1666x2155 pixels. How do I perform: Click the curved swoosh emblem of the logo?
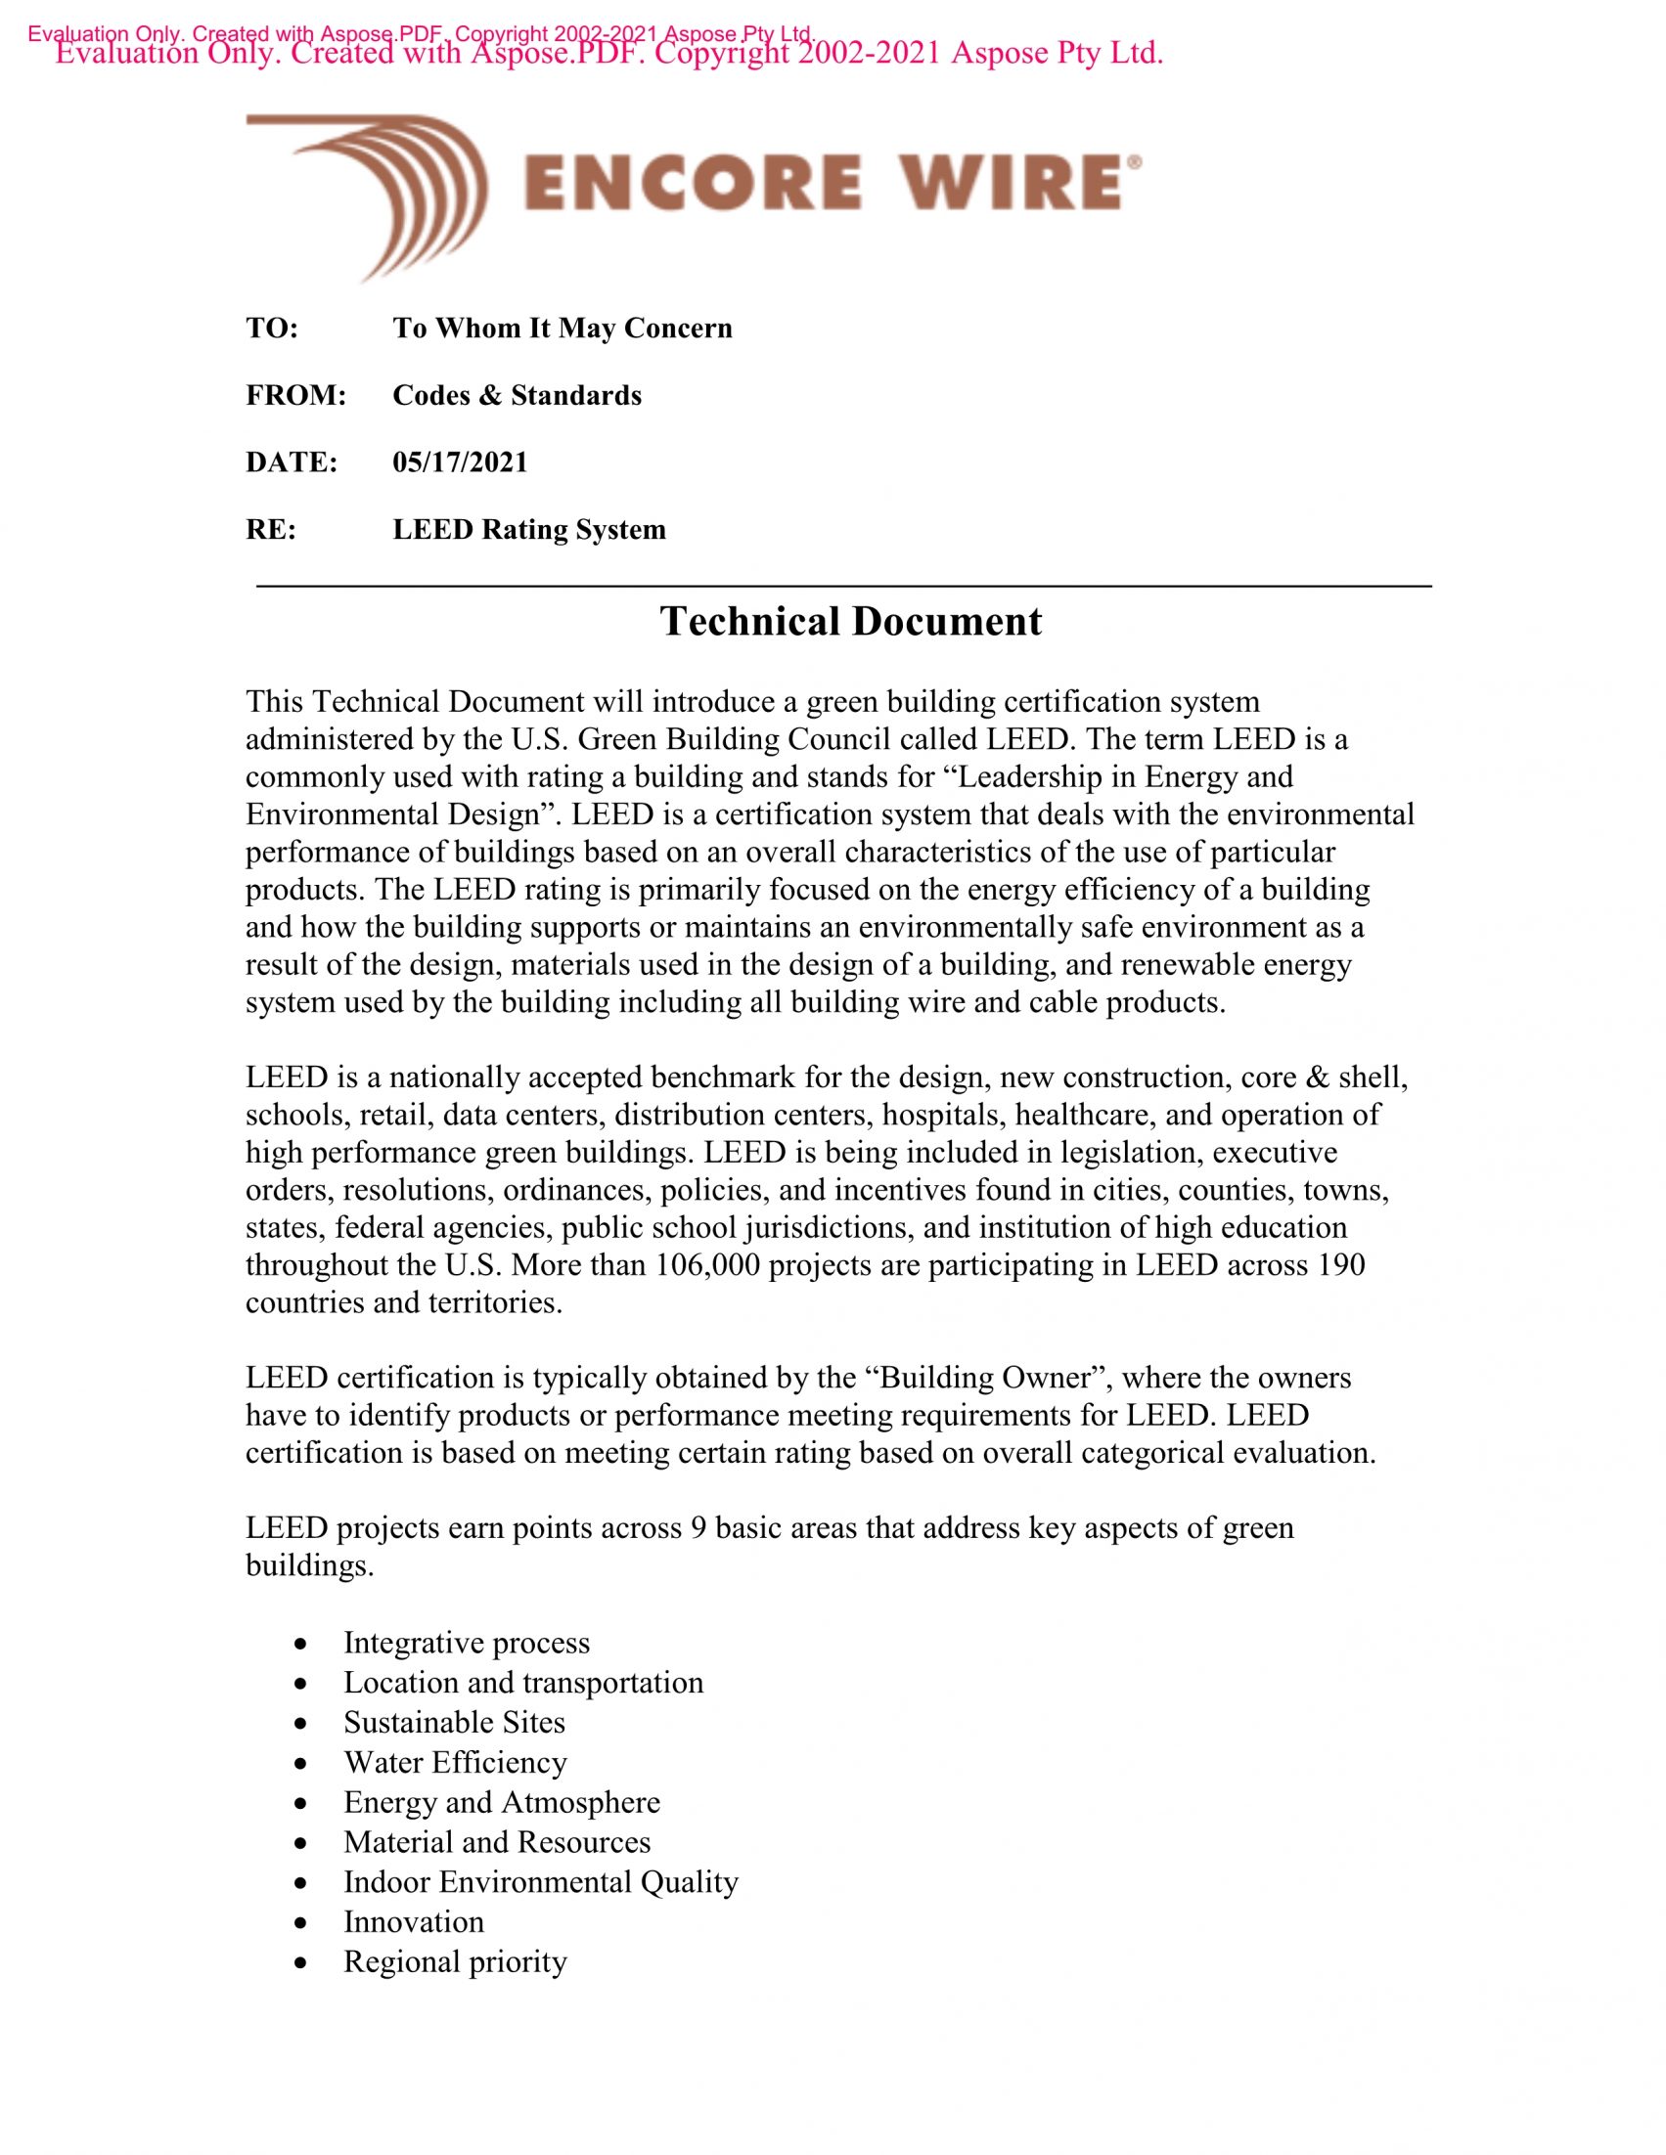375,188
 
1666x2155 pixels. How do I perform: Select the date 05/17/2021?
460,462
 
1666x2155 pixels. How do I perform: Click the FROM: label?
295,395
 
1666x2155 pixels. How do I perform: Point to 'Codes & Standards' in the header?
517,395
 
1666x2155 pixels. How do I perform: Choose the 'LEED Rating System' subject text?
529,529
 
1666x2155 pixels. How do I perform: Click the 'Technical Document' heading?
850,622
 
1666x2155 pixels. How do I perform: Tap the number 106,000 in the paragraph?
706,1265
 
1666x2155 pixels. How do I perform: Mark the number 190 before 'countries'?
1340,1265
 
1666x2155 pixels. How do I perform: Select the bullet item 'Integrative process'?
466,1642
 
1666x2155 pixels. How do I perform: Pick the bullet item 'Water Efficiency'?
454,1761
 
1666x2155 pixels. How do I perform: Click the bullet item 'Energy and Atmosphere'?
502,1802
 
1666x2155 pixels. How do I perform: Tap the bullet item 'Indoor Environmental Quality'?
540,1881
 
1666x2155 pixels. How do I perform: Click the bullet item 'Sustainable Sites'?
454,1722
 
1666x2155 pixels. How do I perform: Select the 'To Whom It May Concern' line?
563,328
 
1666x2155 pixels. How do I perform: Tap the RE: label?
270,529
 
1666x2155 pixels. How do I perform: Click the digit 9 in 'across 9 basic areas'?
698,1527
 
